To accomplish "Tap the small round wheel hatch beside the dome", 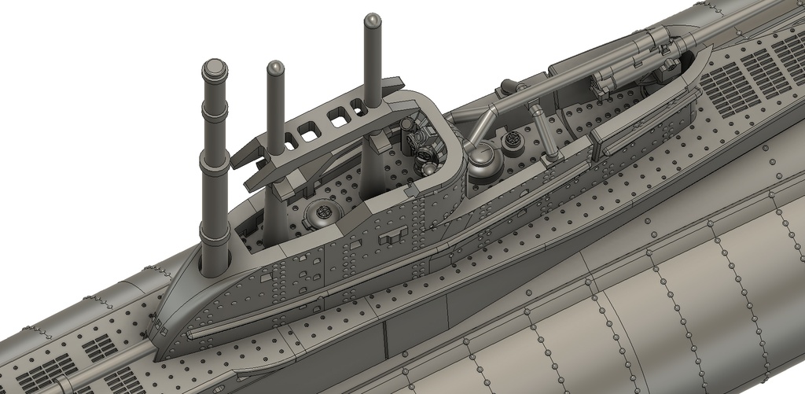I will click(513, 139).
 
